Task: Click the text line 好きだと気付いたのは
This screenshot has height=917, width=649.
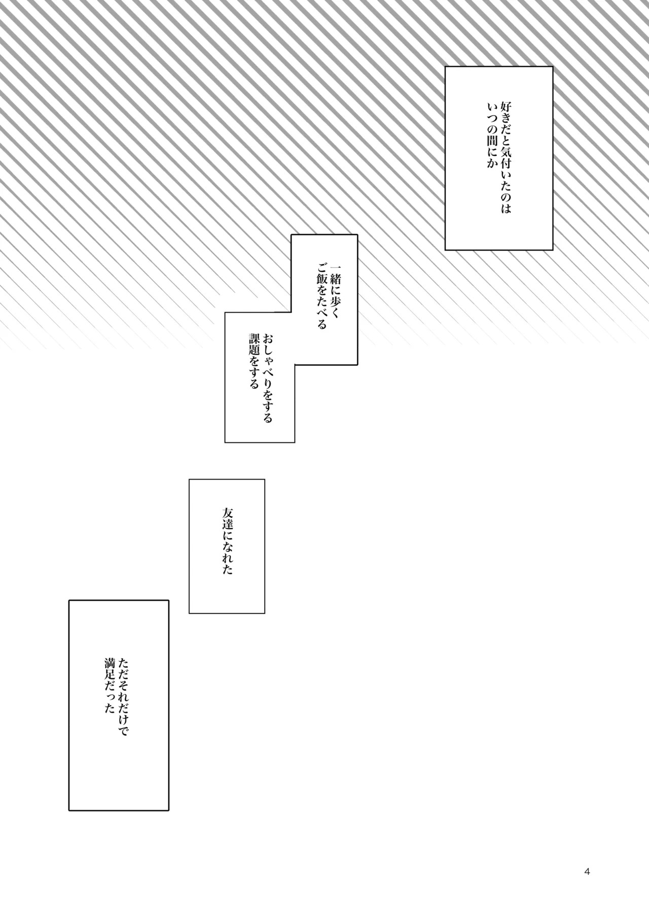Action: point(506,157)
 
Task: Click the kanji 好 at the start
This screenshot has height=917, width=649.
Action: point(506,107)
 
